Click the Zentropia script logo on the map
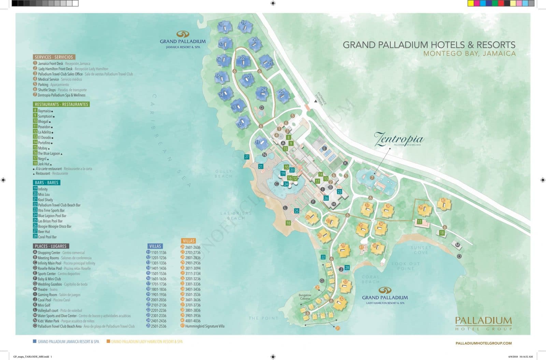tap(399, 139)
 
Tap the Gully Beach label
tap(224, 174)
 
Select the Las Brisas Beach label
tap(236, 216)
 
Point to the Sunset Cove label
tap(421, 250)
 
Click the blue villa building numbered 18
tap(224, 26)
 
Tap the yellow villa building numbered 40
tap(444, 204)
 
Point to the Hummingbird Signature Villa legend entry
tap(204, 326)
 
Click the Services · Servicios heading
tap(54, 57)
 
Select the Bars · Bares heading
tap(46, 183)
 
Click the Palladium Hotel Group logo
tap(483, 323)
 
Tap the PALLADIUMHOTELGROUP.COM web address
tap(484, 343)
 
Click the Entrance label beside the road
tap(322, 98)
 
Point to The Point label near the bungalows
tap(263, 318)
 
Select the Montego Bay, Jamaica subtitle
tap(469, 54)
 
